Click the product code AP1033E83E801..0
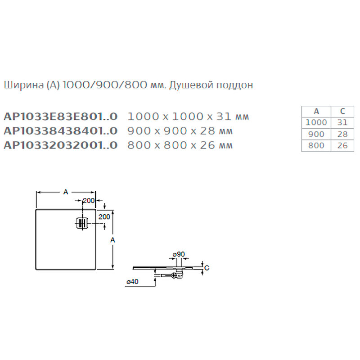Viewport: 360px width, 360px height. (x=60, y=117)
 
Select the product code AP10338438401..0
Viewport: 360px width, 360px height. (x=60, y=131)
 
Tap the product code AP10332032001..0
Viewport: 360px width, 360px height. (x=60, y=145)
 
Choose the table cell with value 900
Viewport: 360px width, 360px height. (x=316, y=134)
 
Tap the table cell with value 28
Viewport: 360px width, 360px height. (x=342, y=134)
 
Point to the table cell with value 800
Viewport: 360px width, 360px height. (x=316, y=145)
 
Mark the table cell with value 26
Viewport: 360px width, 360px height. (x=342, y=145)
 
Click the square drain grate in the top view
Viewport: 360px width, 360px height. (x=81, y=223)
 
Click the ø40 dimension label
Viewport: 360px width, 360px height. (x=132, y=282)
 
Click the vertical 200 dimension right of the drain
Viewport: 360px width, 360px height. (x=104, y=216)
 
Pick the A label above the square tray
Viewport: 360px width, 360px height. (x=65, y=192)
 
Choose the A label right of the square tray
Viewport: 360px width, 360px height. (x=113, y=240)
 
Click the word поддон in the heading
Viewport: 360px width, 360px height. (x=237, y=85)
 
